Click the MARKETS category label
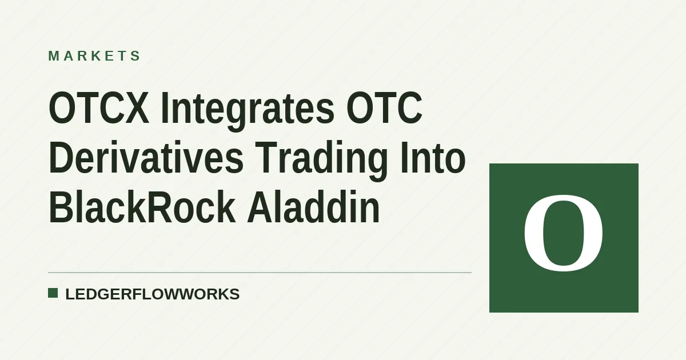94,56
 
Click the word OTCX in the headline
99,108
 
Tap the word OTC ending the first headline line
384,108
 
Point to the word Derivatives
146,157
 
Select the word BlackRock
142,207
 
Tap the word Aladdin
313,207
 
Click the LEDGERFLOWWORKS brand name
153,294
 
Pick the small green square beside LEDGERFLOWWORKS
53,293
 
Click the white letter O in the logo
564,233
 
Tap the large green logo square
564,238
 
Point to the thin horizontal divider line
260,273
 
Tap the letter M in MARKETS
54,56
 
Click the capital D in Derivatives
62,157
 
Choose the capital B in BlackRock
61,207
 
